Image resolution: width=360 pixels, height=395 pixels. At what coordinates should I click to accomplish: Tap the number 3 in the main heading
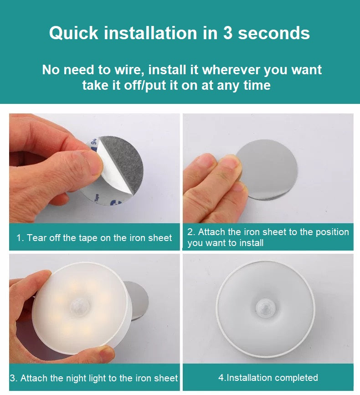227,33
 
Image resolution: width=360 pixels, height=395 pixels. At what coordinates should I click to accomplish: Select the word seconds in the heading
274,33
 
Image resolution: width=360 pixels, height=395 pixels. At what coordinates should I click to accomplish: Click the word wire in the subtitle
129,70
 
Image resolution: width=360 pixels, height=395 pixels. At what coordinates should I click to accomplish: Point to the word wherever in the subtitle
231,70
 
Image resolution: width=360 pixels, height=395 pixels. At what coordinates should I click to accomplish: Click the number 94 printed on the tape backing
94,141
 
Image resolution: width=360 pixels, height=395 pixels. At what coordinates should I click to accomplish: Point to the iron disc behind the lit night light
138,300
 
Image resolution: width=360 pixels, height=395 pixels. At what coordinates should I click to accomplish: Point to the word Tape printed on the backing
97,197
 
